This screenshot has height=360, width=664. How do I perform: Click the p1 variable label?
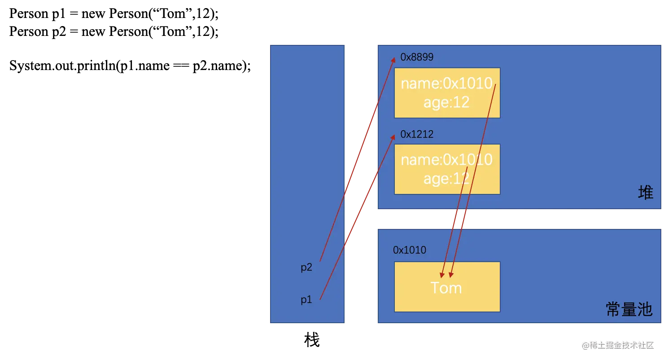(x=306, y=300)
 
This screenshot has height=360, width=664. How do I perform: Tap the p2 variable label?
(x=306, y=268)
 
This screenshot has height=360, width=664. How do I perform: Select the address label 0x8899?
(x=417, y=57)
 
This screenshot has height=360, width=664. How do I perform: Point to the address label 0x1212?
(x=417, y=134)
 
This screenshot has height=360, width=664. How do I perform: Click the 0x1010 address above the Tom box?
(x=410, y=250)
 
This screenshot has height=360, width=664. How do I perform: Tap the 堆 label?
(x=646, y=193)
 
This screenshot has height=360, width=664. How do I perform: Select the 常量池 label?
(x=629, y=309)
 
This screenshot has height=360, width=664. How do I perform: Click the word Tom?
(x=446, y=288)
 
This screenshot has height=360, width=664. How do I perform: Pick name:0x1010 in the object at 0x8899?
(x=446, y=83)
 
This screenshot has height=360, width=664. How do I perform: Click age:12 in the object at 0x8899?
(x=446, y=102)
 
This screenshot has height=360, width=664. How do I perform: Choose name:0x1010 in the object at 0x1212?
(x=446, y=160)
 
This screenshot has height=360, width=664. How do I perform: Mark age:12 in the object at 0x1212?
(x=446, y=179)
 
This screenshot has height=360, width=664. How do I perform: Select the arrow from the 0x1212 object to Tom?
(x=455, y=220)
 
